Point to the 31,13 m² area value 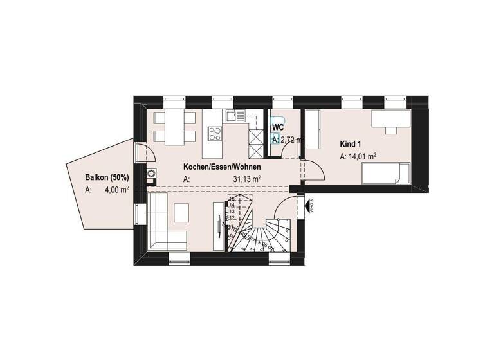point(247,179)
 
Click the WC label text point(278,127)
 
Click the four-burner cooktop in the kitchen point(214,134)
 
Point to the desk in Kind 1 point(390,120)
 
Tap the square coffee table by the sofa point(182,212)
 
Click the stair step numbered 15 point(233,199)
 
